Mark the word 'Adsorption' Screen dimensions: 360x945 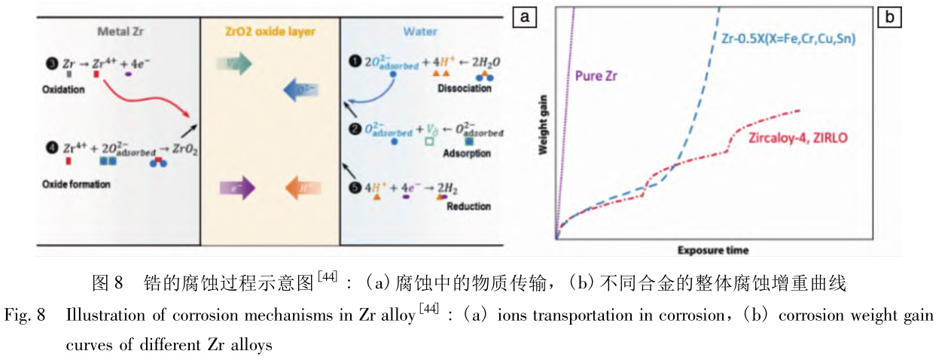tap(468, 154)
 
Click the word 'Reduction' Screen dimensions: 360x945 tap(469, 206)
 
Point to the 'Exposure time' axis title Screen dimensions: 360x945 tap(712, 249)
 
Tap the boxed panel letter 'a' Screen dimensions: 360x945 tap(523, 16)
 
